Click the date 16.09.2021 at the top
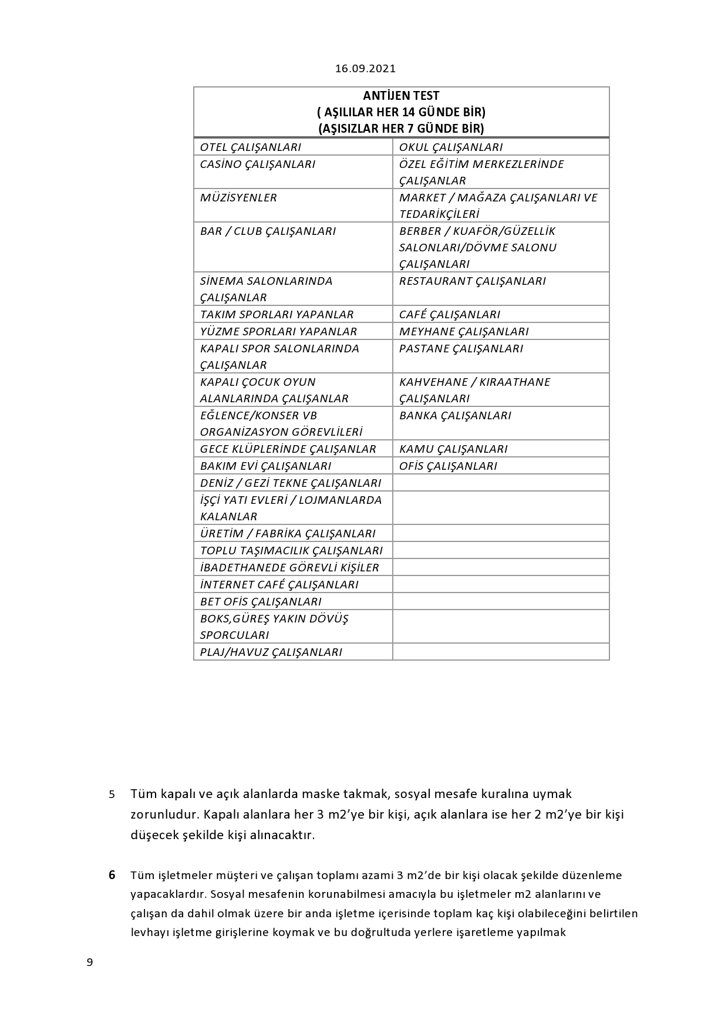(365, 69)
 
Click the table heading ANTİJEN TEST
(401, 96)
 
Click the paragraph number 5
(112, 795)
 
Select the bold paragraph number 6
(112, 876)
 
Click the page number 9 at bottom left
(90, 962)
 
